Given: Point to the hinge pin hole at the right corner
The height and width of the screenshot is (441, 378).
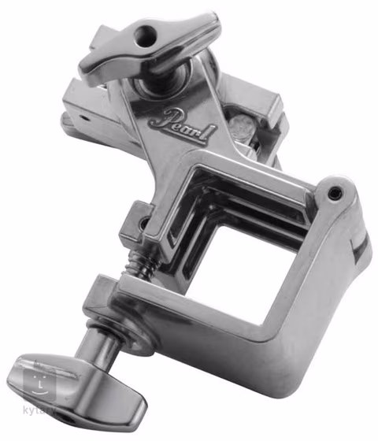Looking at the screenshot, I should click(335, 191).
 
